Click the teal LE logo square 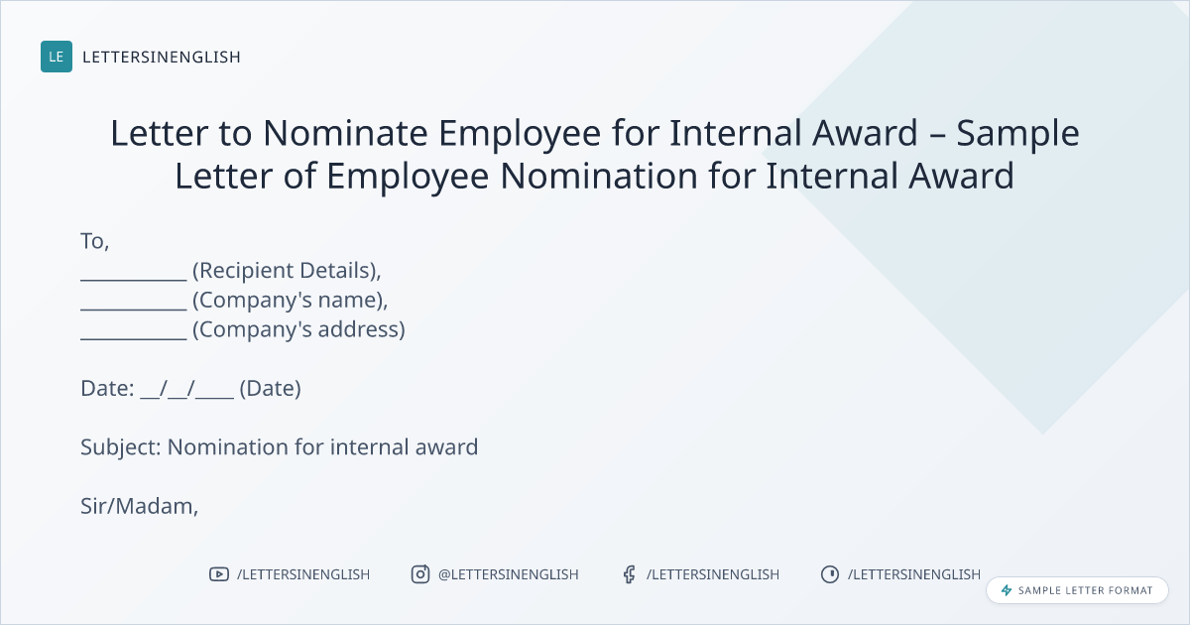(x=57, y=57)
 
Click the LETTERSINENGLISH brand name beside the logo (x=162, y=57)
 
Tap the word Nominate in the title (x=345, y=132)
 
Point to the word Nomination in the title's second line (x=599, y=176)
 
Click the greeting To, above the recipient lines (x=95, y=241)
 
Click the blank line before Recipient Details (x=134, y=279)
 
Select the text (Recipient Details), (x=287, y=271)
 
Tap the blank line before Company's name (x=134, y=309)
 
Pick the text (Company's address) (x=298, y=329)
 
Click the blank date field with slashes (x=187, y=389)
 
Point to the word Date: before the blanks (x=107, y=389)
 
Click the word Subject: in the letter (x=121, y=447)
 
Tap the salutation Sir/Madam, (x=139, y=506)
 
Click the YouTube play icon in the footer (x=219, y=574)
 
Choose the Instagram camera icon (x=420, y=574)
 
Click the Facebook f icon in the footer (x=629, y=574)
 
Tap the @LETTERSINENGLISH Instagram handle (x=509, y=574)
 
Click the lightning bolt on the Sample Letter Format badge (x=1007, y=590)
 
